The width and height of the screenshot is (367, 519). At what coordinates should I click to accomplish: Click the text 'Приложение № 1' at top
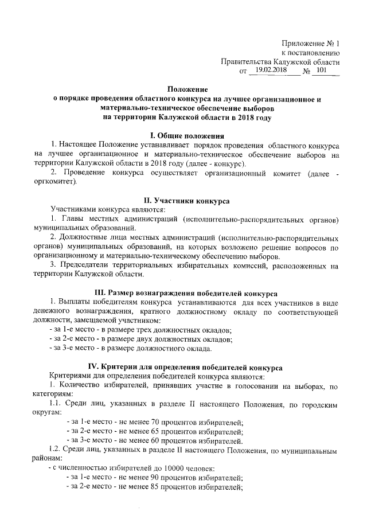click(311, 44)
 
